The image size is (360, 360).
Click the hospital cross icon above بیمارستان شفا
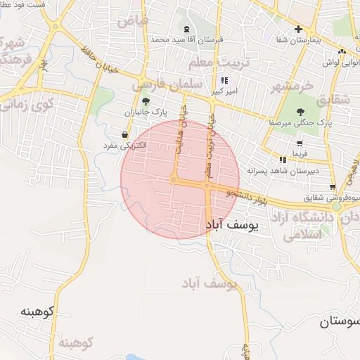pyautogui.click(x=299, y=29)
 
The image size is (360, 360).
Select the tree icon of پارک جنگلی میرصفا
pyautogui.click(x=300, y=111)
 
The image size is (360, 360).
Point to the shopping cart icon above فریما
pyautogui.click(x=300, y=143)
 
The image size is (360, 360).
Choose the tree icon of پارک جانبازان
pyautogui.click(x=146, y=101)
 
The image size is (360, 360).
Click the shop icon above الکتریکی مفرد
pyautogui.click(x=124, y=135)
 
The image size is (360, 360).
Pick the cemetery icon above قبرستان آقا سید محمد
pyautogui.click(x=186, y=29)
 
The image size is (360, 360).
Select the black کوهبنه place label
pyautogui.click(x=37, y=311)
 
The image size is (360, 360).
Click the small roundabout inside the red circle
pyautogui.click(x=173, y=180)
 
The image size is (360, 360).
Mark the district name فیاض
pyautogui.click(x=133, y=20)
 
